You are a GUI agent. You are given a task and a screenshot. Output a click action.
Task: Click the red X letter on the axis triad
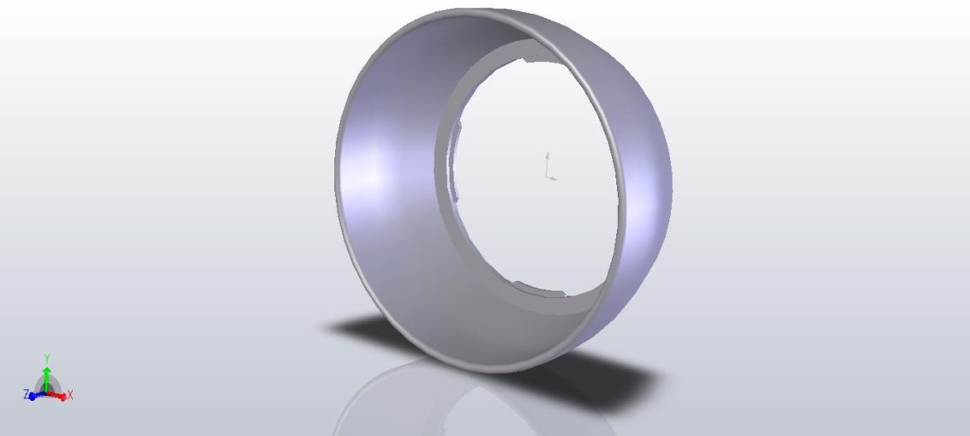(70, 395)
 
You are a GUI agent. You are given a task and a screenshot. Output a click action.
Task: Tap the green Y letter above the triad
(47, 358)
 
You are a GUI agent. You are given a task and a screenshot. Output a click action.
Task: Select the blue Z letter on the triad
(26, 394)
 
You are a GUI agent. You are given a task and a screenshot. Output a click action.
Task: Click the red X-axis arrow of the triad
(57, 395)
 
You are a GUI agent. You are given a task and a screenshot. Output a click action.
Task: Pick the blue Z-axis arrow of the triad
(37, 396)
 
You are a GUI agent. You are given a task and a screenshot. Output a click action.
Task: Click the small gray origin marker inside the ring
(549, 167)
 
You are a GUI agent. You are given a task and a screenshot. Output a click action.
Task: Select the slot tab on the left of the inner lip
(457, 162)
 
